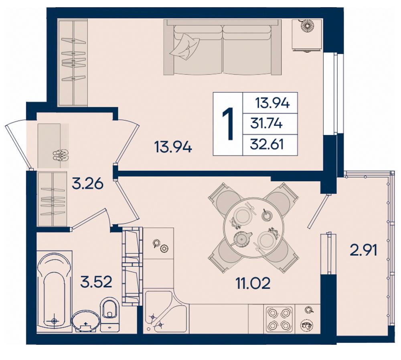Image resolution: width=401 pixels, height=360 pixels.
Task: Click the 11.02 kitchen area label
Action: coord(253,283)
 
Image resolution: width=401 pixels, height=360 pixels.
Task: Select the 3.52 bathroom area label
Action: coord(96,282)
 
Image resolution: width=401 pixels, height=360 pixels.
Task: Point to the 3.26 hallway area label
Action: coord(88,184)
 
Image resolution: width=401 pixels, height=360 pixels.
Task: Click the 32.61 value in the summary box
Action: coord(267,145)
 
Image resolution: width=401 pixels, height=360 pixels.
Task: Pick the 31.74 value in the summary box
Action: coord(267,124)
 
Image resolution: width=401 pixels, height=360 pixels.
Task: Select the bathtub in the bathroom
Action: coord(54,289)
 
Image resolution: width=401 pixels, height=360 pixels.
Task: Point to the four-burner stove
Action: coord(279,319)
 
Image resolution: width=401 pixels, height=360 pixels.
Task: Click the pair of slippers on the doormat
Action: coord(61,155)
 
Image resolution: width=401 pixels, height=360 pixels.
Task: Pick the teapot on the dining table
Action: coord(241,239)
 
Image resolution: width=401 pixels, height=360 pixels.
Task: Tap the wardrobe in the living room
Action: coord(73,63)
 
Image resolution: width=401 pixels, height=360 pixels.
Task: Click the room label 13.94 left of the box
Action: coord(173,147)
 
